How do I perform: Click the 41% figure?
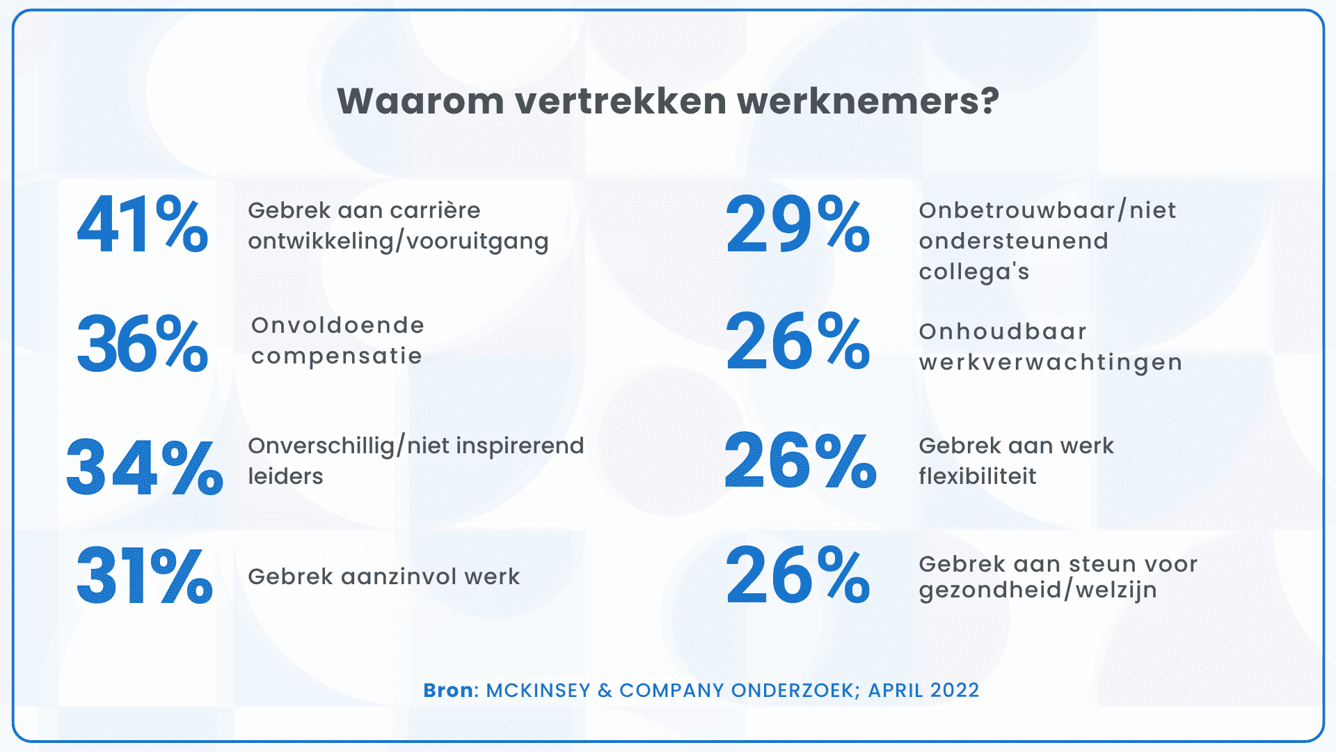(143, 224)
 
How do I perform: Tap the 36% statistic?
(143, 343)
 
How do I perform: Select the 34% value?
(144, 467)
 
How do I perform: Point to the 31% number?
(144, 575)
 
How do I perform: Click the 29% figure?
(797, 224)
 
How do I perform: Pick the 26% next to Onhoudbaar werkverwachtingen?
(797, 341)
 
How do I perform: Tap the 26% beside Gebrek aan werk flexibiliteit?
(800, 460)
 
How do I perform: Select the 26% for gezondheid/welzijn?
(797, 575)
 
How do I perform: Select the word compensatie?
(337, 356)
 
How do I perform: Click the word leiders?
(285, 476)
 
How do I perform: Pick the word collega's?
(973, 272)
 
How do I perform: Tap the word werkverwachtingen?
(1050, 362)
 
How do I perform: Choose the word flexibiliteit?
(977, 476)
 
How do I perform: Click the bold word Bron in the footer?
(448, 690)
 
